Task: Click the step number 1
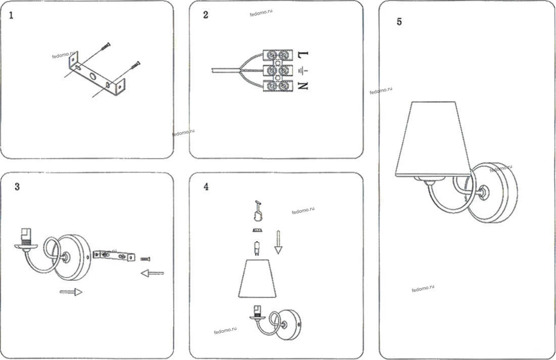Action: point(11,16)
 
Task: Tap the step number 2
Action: point(206,15)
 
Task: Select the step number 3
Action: point(17,187)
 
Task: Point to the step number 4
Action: point(206,187)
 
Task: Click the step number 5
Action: point(399,22)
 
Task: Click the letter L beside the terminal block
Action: point(302,55)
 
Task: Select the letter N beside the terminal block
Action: point(302,85)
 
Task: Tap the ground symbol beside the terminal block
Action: point(302,71)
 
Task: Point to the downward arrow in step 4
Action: point(279,242)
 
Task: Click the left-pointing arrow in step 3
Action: point(153,273)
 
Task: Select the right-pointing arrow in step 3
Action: point(71,292)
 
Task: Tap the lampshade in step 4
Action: point(257,279)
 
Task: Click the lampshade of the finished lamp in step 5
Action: point(433,139)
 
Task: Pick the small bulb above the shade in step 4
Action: point(256,248)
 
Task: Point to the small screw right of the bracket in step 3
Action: point(145,259)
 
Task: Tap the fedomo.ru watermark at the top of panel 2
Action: point(261,13)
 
